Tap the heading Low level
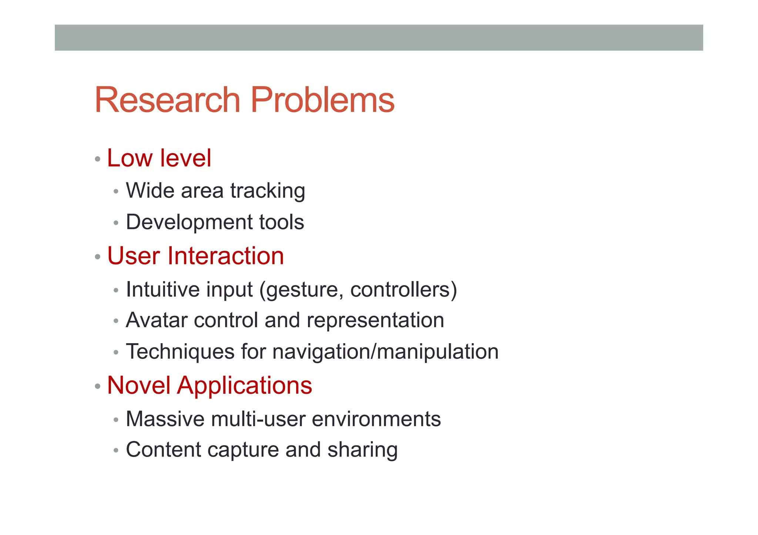[x=159, y=158]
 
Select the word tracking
[x=268, y=191]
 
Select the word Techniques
[x=180, y=352]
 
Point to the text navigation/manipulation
[x=385, y=352]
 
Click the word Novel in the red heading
[x=139, y=385]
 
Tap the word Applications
[x=245, y=386]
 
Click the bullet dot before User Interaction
[x=98, y=257]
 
